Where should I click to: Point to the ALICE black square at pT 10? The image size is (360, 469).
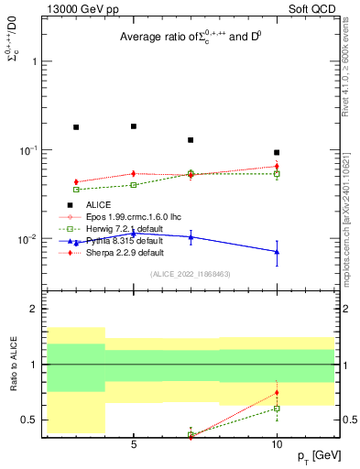277,152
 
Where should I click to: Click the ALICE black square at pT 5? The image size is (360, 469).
134,126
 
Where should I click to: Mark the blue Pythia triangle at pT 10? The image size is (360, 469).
277,251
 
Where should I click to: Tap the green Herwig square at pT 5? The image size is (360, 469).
134,185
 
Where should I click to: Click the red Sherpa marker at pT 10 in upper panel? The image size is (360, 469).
277,167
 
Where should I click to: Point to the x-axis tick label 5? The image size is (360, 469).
134,444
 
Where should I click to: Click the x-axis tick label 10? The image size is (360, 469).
277,444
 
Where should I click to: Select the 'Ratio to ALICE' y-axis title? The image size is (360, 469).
14,365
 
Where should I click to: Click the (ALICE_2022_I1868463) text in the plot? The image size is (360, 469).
190,274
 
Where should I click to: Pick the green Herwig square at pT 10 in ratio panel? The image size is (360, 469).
277,409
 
